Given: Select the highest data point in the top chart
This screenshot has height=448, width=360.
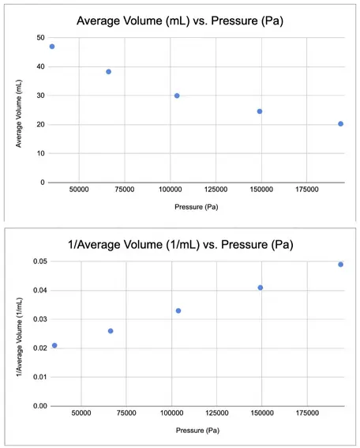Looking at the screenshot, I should tap(52, 47).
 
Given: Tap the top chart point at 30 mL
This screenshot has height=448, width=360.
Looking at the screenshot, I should tap(177, 96).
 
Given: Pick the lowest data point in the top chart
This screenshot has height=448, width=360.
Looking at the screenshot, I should tap(340, 124).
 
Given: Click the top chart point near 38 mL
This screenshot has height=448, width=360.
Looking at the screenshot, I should tap(109, 72).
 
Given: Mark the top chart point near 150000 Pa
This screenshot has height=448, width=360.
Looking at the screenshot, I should tap(260, 111).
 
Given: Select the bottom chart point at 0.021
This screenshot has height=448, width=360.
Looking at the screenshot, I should tap(54, 345).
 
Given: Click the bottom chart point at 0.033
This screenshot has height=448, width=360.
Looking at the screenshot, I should tap(178, 311).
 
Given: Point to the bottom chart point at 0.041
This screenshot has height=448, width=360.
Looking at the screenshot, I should tap(261, 288).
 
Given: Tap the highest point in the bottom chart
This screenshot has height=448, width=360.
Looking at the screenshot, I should tap(340, 265).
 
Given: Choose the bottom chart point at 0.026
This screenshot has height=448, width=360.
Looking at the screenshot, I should tap(111, 331).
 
